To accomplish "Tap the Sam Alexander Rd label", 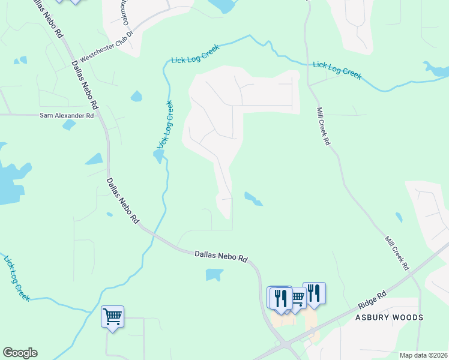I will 67,115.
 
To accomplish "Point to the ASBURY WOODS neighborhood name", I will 388,317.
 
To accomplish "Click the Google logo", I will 20,353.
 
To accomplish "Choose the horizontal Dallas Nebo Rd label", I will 221,256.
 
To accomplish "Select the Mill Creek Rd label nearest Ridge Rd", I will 397,252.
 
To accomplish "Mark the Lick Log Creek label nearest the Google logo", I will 17,278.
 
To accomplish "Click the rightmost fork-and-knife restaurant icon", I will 314,293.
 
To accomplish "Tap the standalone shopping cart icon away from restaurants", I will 113,316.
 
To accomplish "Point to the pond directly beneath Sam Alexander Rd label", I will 69,125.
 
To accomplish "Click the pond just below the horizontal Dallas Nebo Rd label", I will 214,275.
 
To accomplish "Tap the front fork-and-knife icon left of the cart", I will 280,298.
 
